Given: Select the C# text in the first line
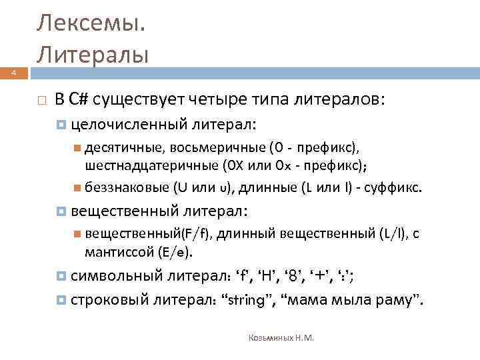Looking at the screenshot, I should pos(78,100).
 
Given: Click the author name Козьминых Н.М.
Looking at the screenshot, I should pos(281,337).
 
